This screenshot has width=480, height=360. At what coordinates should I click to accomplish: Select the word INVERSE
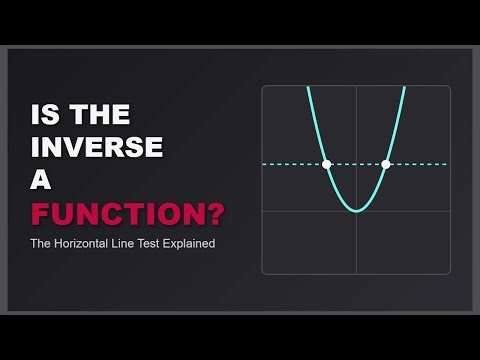point(97,147)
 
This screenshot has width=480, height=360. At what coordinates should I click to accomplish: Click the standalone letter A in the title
point(44,181)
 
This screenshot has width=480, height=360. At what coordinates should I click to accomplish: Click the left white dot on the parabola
point(326,164)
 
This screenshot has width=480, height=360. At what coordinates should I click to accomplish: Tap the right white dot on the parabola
point(386,164)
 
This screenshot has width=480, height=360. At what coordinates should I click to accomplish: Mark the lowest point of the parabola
point(356,211)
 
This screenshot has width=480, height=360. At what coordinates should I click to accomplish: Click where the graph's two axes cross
point(356,211)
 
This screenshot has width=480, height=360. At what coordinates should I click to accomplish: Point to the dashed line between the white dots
point(356,164)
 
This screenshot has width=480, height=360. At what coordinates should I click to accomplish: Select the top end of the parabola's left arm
point(308,89)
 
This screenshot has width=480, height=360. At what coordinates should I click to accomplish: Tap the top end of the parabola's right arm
point(404,89)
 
